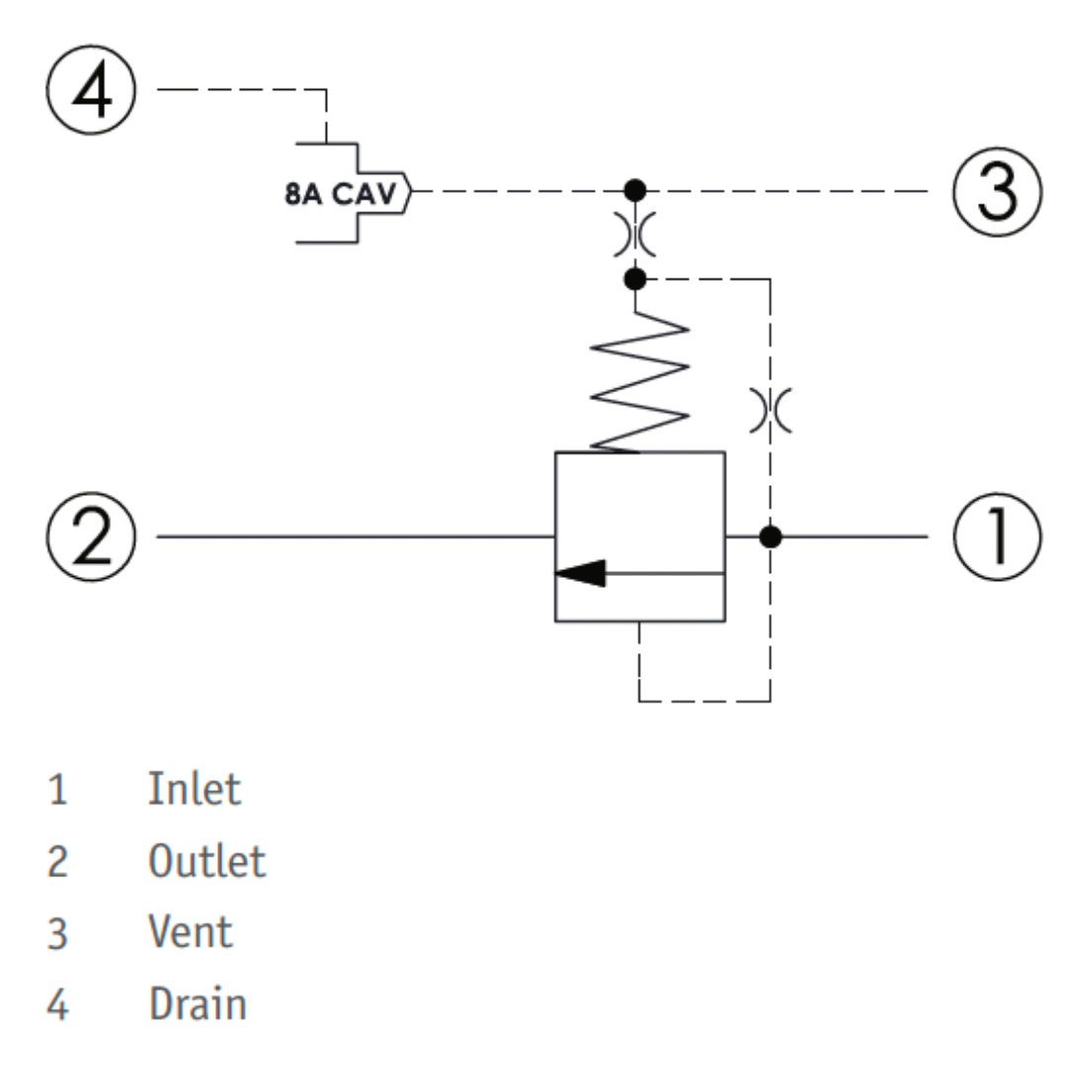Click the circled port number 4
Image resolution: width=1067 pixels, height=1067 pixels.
[x=91, y=90]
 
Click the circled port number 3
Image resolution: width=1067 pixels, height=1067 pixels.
[x=997, y=192]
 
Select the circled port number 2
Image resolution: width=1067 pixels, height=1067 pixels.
[x=91, y=536]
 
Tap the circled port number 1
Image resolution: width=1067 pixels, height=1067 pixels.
[x=997, y=536]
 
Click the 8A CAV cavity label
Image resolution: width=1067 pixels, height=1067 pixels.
[x=340, y=194]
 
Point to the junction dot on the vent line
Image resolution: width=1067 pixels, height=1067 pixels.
[x=635, y=191]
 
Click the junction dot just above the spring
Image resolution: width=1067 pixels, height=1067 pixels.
[x=635, y=279]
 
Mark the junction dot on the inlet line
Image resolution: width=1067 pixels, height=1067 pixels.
[x=771, y=536]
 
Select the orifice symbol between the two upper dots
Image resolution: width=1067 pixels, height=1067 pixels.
[x=635, y=235]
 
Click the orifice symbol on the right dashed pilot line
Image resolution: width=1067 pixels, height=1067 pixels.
[x=771, y=410]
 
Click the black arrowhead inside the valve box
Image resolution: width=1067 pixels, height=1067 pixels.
[x=581, y=573]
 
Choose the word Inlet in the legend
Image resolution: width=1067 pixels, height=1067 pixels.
[x=195, y=789]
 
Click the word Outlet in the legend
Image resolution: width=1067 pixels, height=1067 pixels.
[x=206, y=861]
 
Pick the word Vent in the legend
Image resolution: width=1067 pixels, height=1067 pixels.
[x=191, y=932]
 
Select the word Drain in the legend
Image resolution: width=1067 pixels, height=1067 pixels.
[x=198, y=1003]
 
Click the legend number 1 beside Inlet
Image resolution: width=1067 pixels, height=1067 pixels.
[x=58, y=790]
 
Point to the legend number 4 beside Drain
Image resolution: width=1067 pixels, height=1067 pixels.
[x=58, y=1005]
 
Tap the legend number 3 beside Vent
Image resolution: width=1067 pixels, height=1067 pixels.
[x=58, y=933]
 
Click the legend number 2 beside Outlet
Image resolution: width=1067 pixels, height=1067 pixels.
[x=58, y=862]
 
